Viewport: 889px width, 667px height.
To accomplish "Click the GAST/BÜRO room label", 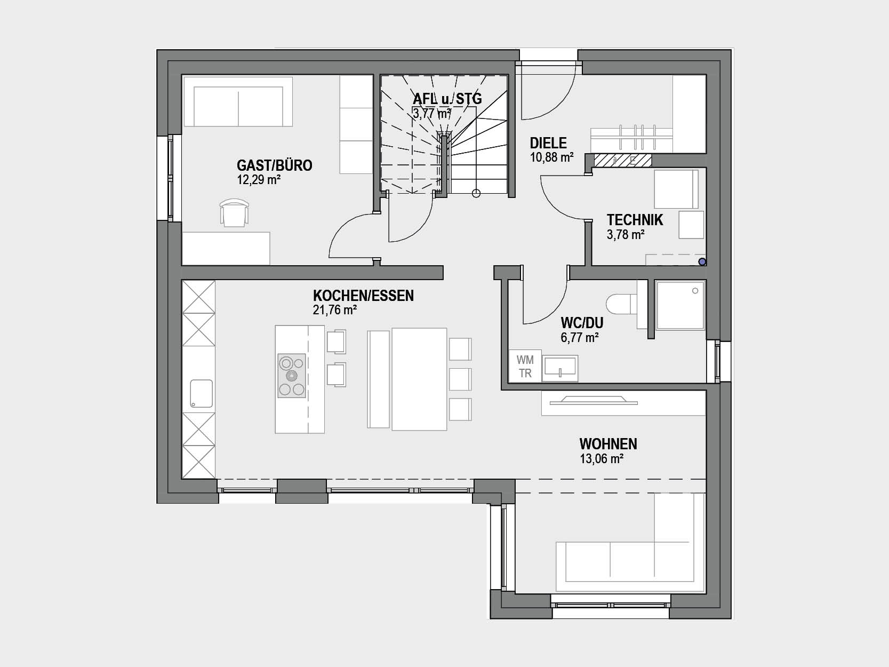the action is [274, 165].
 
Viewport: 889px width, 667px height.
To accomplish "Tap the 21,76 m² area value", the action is [334, 310].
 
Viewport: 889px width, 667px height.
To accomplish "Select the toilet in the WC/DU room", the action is [622, 304].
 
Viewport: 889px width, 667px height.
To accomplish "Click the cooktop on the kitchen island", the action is [292, 376].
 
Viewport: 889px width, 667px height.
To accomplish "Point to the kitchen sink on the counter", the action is [201, 393].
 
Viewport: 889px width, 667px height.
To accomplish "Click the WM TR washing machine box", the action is [525, 366].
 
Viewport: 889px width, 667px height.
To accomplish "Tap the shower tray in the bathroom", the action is [680, 305].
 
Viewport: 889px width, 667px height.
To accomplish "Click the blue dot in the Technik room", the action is [702, 262].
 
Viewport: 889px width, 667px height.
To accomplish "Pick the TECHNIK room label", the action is [635, 220].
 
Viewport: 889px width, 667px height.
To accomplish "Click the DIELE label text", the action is [548, 143].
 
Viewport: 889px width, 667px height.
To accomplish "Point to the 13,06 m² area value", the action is [602, 459].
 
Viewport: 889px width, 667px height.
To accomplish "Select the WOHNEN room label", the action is [608, 444].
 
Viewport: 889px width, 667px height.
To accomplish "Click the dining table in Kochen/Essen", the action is [419, 379].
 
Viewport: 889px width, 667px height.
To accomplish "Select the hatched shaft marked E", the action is [622, 161].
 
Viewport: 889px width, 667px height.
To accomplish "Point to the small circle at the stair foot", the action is [476, 194].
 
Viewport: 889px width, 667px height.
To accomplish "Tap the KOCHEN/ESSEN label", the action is [363, 296].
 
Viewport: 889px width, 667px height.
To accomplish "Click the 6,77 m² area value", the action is [580, 337].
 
